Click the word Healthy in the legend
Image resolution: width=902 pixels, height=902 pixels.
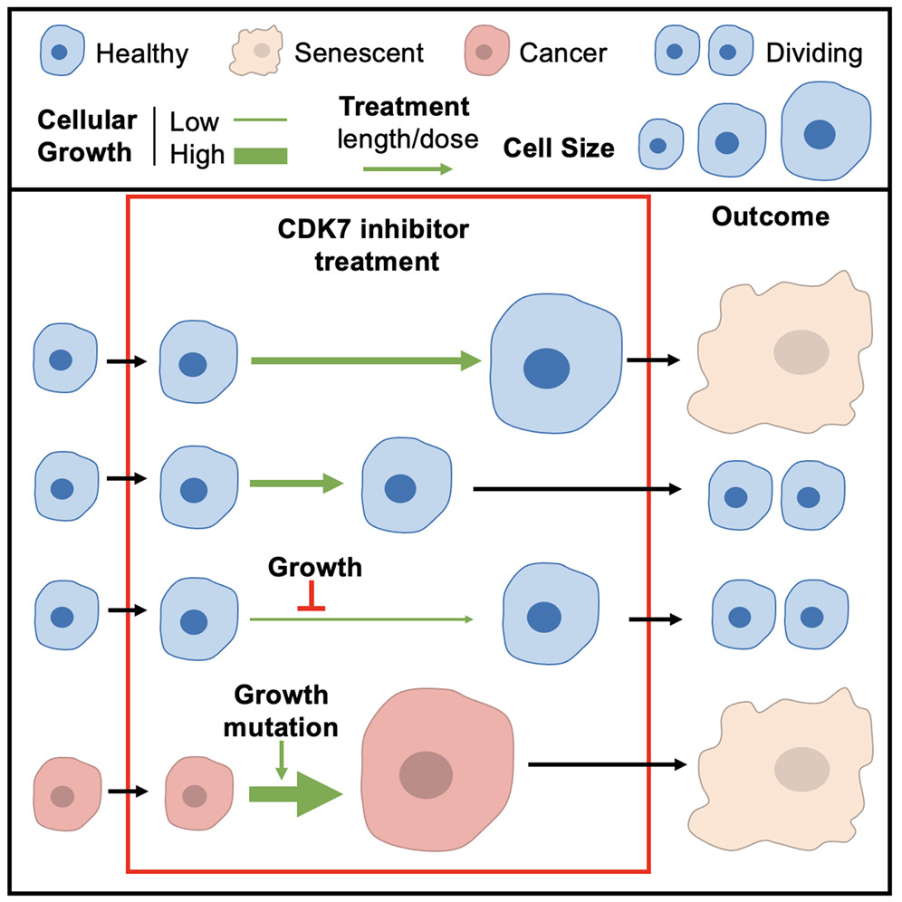pyautogui.click(x=141, y=53)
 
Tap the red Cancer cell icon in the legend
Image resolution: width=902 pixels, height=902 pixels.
pyautogui.click(x=487, y=53)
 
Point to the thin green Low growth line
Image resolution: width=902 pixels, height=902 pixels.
pyautogui.click(x=258, y=119)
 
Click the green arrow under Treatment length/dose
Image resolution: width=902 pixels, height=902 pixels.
pyautogui.click(x=407, y=168)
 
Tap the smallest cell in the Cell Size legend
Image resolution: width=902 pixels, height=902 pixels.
pyautogui.click(x=658, y=145)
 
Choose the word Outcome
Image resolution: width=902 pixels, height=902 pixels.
pyautogui.click(x=770, y=217)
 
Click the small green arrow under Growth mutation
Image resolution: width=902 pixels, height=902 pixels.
pyautogui.click(x=281, y=758)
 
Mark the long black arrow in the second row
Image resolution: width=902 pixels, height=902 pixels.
pyautogui.click(x=577, y=489)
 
